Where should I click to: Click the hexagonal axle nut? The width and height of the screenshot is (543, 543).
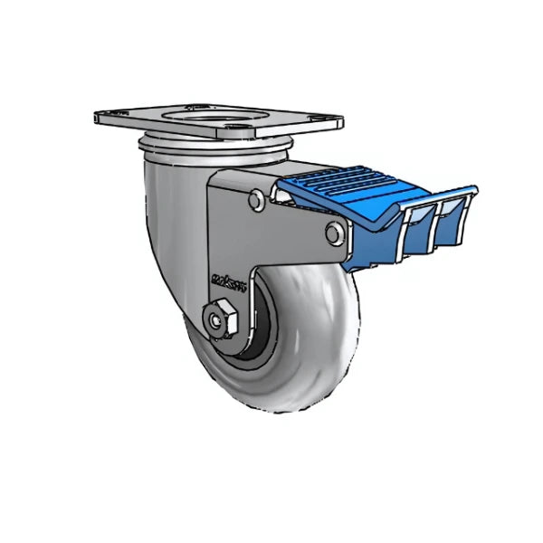(x=220, y=319)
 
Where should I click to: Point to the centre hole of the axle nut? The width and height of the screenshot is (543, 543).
(x=218, y=319)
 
